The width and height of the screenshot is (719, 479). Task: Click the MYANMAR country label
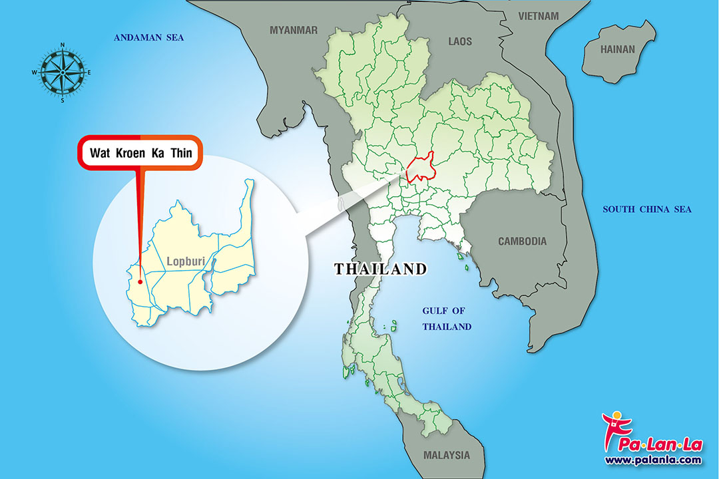coord(294,30)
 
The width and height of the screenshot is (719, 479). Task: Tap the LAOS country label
coord(459,41)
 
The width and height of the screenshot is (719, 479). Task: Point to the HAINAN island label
coord(618,49)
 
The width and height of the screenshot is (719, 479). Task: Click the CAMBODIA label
coord(523,241)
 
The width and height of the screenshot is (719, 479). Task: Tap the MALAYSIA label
coord(446,456)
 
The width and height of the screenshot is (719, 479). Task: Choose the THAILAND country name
coord(380,269)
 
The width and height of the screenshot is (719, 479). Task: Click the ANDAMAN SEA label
coord(148,38)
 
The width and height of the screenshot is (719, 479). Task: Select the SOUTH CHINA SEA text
coord(647,210)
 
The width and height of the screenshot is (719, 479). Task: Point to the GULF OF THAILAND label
coord(447,319)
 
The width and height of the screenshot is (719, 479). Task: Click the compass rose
coord(63,72)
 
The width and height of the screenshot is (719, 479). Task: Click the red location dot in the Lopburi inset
coord(140,281)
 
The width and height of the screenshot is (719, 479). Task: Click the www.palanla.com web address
coord(652,460)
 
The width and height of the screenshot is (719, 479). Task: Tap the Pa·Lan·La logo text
coord(659,442)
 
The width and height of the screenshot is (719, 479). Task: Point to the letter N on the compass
coord(63,46)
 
